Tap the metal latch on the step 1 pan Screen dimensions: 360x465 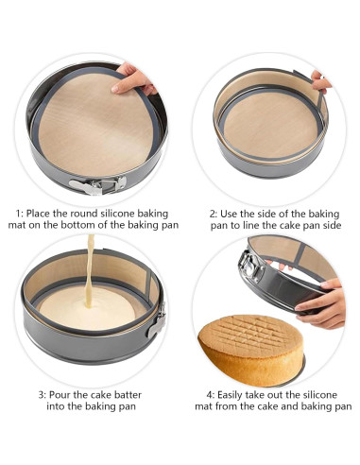click(97, 185)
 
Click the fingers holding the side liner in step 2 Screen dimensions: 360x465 click(320, 81)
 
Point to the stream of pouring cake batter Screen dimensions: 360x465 click(90, 271)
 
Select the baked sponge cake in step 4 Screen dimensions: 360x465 click(251, 349)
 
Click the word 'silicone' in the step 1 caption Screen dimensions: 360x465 click(117, 214)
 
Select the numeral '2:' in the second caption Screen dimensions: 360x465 click(214, 215)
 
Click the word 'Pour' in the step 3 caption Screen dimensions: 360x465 click(60, 395)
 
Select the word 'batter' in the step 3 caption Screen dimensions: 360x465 click(129, 395)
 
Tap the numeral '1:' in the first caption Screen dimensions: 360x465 click(20, 214)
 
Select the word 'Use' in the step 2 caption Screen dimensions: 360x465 click(229, 215)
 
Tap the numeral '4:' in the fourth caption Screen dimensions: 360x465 click(211, 395)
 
